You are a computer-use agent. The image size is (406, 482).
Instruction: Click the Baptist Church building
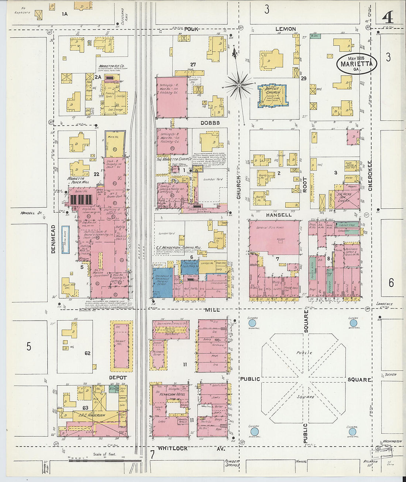[x=273, y=95]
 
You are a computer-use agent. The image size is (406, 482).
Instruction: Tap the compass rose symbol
[x=239, y=86]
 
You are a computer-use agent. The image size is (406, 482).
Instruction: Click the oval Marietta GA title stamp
[x=357, y=64]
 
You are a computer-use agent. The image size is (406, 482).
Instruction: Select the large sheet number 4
[x=388, y=17]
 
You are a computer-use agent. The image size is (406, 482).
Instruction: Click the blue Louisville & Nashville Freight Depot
[x=162, y=283]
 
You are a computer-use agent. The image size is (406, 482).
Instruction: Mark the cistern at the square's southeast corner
[x=352, y=431]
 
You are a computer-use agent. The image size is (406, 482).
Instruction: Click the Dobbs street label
[x=210, y=123]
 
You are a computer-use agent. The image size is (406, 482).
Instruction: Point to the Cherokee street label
[x=370, y=175]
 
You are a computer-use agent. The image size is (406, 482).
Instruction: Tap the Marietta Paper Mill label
[x=78, y=180]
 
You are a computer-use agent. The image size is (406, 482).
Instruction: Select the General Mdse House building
[x=274, y=236]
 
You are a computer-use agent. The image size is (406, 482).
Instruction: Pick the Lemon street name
[x=286, y=29]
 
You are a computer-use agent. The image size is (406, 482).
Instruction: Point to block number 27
[x=193, y=65]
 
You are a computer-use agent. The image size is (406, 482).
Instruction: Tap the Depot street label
[x=118, y=377]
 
